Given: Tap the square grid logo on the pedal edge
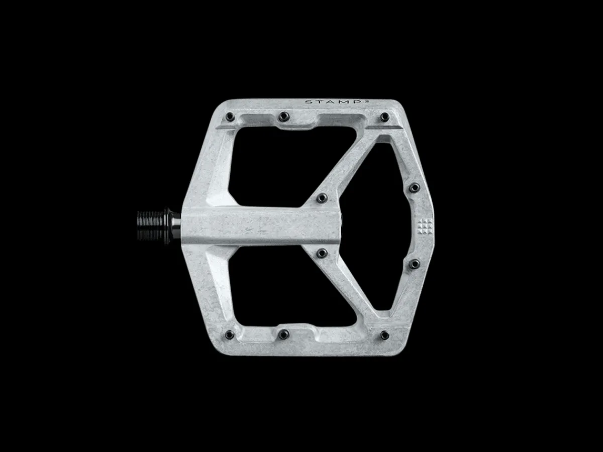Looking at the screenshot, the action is click(425, 227).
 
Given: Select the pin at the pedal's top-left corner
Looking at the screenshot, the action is click(230, 117).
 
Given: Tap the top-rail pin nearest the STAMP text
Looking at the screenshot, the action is click(384, 117).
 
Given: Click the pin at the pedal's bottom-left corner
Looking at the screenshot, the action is click(230, 334).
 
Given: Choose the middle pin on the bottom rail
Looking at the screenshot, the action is click(283, 334).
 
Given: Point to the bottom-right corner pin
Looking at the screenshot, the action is click(384, 335).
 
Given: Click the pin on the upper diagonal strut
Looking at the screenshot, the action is click(322, 197).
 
